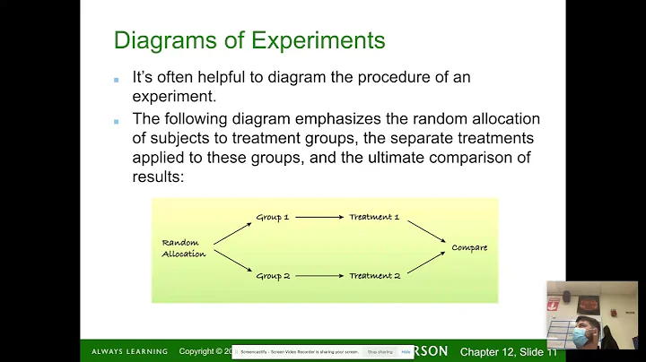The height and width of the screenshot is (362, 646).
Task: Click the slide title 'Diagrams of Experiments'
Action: [x=249, y=40]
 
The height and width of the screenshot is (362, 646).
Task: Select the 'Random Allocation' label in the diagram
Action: [x=184, y=248]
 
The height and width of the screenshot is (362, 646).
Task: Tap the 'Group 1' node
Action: [x=274, y=217]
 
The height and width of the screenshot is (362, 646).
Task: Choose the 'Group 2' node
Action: [x=274, y=276]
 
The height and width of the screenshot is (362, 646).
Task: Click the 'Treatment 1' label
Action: [x=374, y=217]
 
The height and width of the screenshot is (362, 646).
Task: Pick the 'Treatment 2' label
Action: [x=374, y=276]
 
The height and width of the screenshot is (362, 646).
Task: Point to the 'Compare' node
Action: [x=469, y=247]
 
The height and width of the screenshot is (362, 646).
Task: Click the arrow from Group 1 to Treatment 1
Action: [x=319, y=217]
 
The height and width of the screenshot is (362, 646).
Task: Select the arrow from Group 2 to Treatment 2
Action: [x=319, y=276]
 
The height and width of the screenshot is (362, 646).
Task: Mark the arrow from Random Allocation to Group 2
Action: [x=231, y=263]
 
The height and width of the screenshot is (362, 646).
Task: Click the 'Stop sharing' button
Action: [x=380, y=352]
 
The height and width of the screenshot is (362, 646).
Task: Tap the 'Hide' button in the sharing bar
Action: [x=406, y=352]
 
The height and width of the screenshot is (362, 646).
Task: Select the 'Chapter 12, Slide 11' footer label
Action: [x=508, y=352]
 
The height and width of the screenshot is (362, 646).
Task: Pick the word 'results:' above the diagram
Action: [x=157, y=177]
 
